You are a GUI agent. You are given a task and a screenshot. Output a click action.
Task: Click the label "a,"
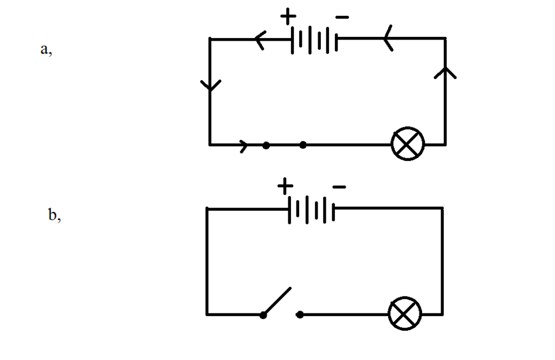(x=46, y=49)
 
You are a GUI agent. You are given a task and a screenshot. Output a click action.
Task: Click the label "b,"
(x=54, y=215)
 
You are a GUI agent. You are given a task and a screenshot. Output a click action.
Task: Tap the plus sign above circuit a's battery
(x=288, y=16)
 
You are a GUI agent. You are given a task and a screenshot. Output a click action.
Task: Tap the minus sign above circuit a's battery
(x=342, y=17)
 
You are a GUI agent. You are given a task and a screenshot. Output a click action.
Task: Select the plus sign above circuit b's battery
(x=285, y=186)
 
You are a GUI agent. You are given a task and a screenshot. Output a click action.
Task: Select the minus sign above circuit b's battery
(x=339, y=187)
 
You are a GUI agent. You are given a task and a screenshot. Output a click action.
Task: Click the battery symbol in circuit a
(x=314, y=40)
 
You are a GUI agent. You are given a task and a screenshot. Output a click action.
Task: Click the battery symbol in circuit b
(x=312, y=210)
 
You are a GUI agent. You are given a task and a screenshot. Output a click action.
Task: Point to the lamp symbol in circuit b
(x=405, y=313)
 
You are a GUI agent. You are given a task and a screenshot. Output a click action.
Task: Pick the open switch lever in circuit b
(x=277, y=301)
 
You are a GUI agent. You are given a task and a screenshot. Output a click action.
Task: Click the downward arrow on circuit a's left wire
(x=211, y=85)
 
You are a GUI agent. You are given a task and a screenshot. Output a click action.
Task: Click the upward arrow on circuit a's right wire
(x=446, y=73)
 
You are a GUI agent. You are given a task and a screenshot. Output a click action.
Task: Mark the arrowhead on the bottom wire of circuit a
(x=244, y=146)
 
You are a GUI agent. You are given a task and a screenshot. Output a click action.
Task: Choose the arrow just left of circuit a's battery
(x=261, y=40)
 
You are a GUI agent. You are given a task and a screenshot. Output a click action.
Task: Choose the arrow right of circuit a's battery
(x=388, y=38)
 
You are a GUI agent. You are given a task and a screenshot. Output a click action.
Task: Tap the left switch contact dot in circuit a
(x=266, y=145)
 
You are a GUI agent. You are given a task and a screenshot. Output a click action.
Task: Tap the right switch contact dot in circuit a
(x=303, y=145)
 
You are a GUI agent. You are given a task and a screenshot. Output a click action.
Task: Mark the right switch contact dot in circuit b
(x=300, y=314)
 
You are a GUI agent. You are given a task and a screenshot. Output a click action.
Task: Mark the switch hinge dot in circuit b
(x=263, y=315)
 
